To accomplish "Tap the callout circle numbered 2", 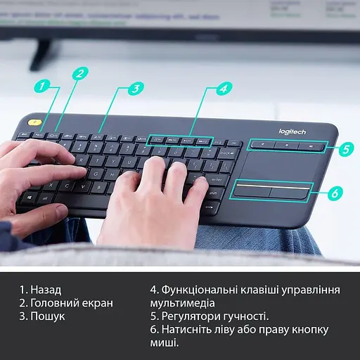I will [81, 73].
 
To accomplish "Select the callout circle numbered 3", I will [136, 88].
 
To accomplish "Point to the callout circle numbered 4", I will [223, 89].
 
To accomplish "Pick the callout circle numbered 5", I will [345, 148].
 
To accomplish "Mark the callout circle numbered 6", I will [335, 192].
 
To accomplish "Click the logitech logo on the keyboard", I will [292, 132].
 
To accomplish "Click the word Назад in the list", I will [46, 290].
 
